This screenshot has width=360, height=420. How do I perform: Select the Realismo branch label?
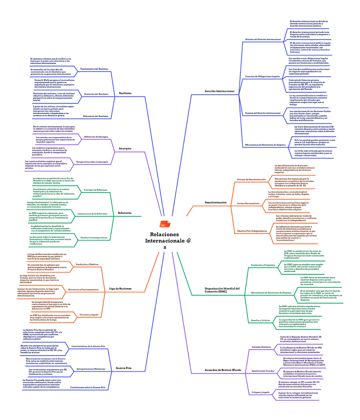[x=125, y=93]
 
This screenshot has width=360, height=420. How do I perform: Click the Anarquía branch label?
[x=125, y=149]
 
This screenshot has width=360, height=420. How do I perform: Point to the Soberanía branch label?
[x=125, y=213]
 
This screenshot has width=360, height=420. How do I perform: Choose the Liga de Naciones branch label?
[x=120, y=288]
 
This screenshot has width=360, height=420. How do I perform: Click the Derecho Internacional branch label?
[x=219, y=91]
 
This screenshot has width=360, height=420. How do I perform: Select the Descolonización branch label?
[x=215, y=203]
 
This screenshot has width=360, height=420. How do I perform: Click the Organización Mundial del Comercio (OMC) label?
[x=221, y=290]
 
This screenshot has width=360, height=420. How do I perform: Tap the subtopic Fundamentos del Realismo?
[x=94, y=68]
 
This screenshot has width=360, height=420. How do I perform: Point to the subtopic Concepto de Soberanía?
[x=95, y=190]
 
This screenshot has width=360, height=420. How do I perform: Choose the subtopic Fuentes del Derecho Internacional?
[x=263, y=113]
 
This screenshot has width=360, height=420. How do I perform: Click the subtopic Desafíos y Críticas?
[x=260, y=321]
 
